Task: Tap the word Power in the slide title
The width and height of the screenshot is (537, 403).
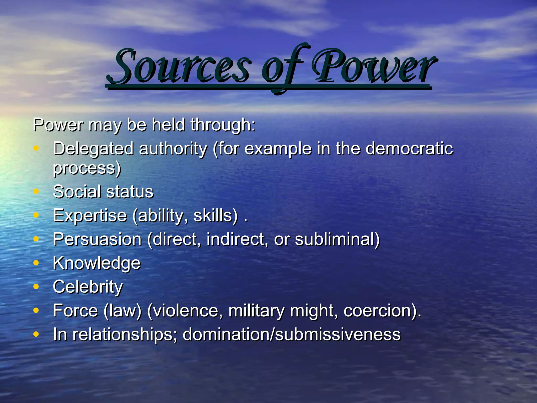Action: coord(374,67)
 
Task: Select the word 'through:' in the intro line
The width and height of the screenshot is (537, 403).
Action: coord(223,125)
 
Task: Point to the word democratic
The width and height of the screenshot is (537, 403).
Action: coord(409,149)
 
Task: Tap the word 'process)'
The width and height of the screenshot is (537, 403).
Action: coord(87,168)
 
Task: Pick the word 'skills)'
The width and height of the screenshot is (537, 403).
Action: coord(216,216)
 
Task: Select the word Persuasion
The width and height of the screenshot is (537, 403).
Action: coord(97,239)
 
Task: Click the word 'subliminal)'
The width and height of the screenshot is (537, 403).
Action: coord(337,239)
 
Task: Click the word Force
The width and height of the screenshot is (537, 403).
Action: coord(76,311)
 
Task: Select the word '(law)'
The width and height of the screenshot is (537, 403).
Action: coord(122,311)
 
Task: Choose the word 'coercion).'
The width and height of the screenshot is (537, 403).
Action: coord(382,311)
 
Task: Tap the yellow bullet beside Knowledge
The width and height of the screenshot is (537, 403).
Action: coord(36,262)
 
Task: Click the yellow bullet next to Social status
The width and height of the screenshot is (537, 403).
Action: coord(36,191)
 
